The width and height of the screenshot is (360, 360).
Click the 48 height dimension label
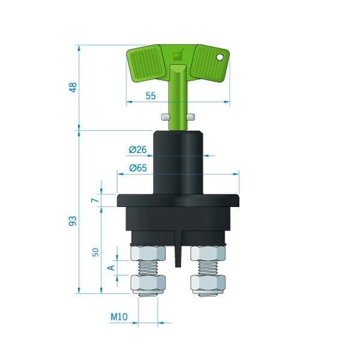(73, 87)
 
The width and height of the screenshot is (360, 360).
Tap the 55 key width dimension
(151, 96)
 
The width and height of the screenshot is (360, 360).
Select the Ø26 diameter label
(137, 149)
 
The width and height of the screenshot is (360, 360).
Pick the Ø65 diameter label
(138, 168)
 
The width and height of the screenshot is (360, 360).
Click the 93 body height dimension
(73, 221)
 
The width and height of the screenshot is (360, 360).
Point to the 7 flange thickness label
(95, 200)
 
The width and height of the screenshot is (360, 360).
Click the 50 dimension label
(95, 253)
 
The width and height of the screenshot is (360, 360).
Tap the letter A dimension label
(111, 268)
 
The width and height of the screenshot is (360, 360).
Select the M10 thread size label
(119, 317)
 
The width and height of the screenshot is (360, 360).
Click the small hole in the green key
(220, 57)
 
